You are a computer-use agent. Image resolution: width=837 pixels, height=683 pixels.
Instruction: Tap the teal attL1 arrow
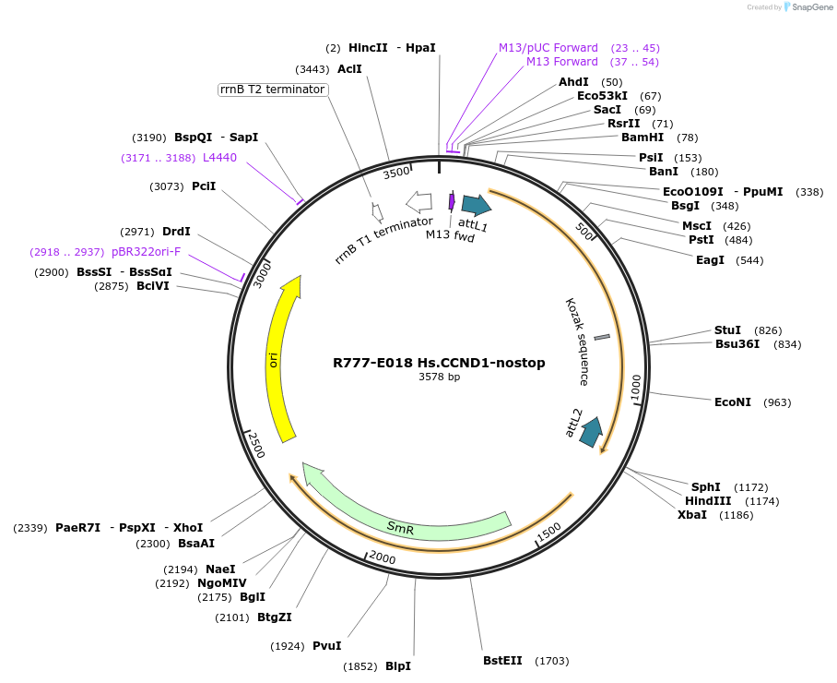tap(476, 205)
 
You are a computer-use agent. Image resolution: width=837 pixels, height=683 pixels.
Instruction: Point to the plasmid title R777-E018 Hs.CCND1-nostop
tap(439, 363)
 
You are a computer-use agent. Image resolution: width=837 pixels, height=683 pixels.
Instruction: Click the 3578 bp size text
tap(439, 377)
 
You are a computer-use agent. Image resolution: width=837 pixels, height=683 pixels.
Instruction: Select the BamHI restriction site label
tap(642, 138)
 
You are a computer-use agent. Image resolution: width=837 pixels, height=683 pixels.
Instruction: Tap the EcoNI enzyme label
tap(733, 402)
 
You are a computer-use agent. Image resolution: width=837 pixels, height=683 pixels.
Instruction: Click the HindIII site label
tap(708, 501)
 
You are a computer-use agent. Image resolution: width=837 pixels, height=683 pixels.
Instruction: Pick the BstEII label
tap(502, 661)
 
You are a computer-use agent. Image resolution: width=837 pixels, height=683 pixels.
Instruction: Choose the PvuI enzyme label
tap(326, 646)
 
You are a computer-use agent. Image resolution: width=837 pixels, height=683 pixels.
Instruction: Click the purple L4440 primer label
tap(219, 158)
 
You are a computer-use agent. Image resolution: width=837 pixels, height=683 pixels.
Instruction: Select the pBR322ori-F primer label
tap(147, 252)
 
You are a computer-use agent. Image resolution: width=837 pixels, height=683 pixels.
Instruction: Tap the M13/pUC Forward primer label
tap(548, 48)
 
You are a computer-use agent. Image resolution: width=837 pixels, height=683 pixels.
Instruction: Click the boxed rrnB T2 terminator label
tap(272, 90)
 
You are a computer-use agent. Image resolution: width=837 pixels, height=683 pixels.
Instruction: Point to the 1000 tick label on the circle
tap(636, 388)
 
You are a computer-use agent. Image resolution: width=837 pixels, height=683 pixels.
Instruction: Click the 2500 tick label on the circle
tap(256, 445)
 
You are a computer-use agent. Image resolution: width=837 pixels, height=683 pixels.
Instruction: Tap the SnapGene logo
tap(808, 7)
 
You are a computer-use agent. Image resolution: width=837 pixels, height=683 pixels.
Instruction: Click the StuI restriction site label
tap(727, 330)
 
